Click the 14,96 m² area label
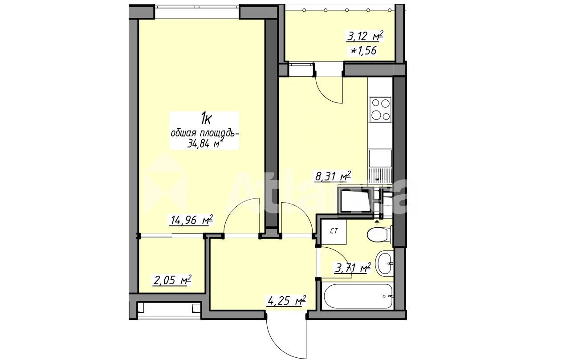tap(191, 220)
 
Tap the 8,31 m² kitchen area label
tap(333, 176)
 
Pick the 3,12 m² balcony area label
tap(364, 37)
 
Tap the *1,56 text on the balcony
tap(364, 51)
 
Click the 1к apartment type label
tap(206, 119)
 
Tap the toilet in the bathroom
tap(379, 234)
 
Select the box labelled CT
tap(334, 231)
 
